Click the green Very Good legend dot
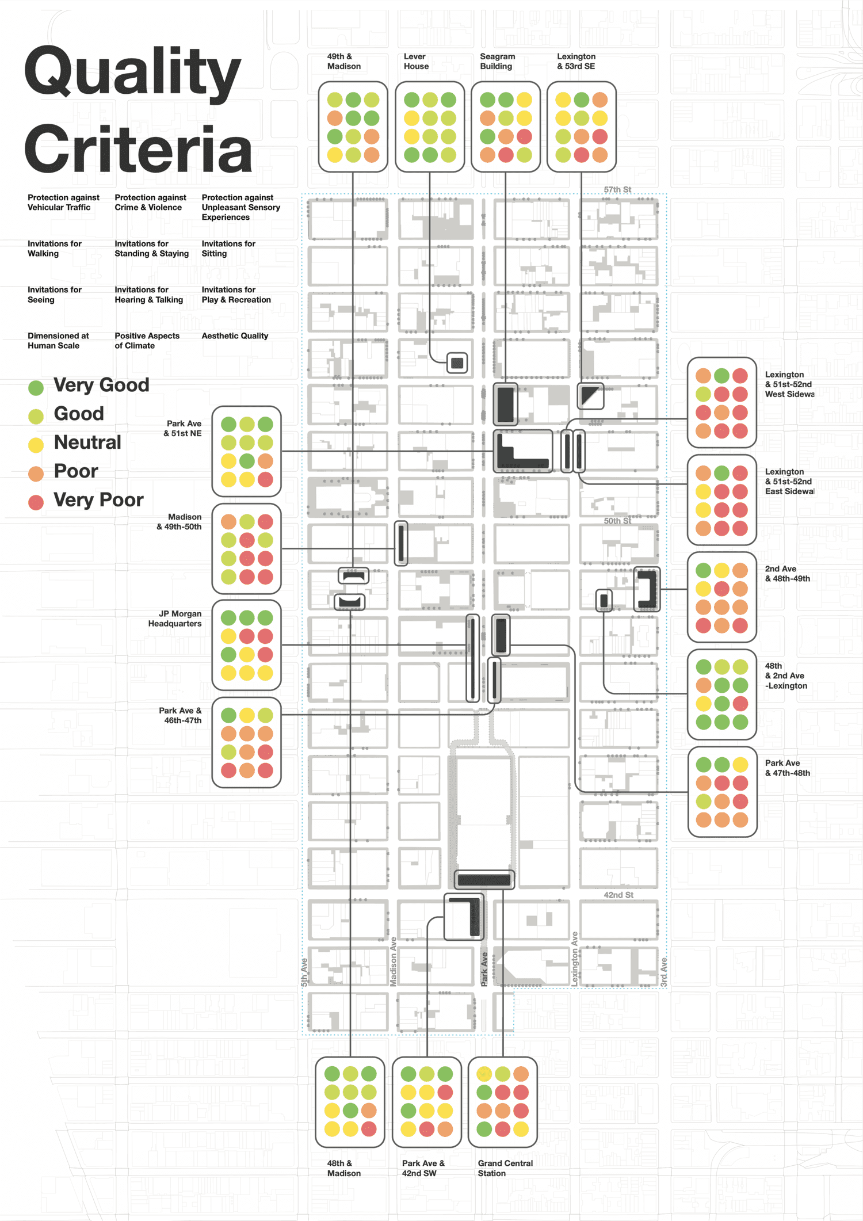tap(36, 388)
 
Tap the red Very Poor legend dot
tap(36, 502)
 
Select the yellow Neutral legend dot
tap(36, 445)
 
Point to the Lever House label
tap(416, 62)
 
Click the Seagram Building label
tap(498, 62)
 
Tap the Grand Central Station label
tap(505, 1168)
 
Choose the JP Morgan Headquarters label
tap(175, 619)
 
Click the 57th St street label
tap(617, 190)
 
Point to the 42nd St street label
tap(618, 895)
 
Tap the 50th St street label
tap(617, 521)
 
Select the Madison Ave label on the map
tap(394, 962)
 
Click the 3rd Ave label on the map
tap(664, 973)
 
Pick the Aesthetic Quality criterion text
tap(235, 336)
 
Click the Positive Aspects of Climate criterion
tap(147, 341)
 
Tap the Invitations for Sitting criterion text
tap(228, 249)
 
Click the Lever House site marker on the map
tap(457, 363)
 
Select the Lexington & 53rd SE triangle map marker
tap(590, 396)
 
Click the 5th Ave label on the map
tap(304, 973)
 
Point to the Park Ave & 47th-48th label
tap(788, 768)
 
